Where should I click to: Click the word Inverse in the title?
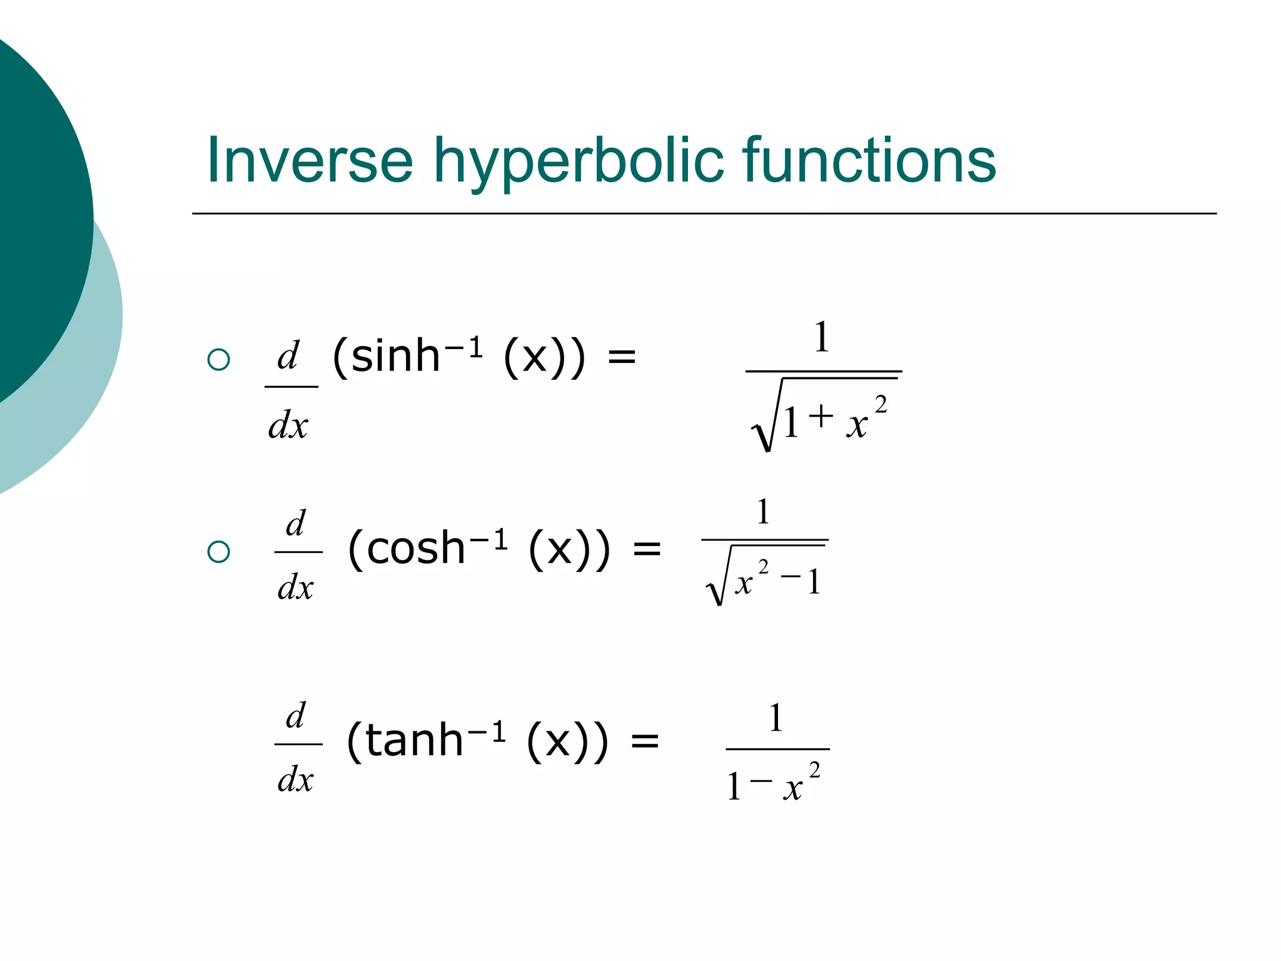click(310, 161)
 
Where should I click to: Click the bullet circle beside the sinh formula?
click(218, 359)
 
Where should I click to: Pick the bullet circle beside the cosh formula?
click(218, 551)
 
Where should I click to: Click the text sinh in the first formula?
click(395, 357)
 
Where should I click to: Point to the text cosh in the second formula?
click(415, 548)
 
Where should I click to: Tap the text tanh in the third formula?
click(413, 740)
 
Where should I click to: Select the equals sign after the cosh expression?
click(647, 550)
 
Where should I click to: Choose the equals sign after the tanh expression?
click(645, 742)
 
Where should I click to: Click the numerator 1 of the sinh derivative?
click(822, 337)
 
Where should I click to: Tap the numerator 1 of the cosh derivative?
click(762, 512)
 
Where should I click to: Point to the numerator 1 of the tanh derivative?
click(776, 718)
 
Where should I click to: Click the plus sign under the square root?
click(821, 415)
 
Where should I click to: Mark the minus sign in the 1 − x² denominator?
click(761, 780)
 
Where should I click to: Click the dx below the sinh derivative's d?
click(288, 426)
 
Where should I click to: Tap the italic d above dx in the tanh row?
click(296, 716)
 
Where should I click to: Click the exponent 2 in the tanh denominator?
click(814, 770)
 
